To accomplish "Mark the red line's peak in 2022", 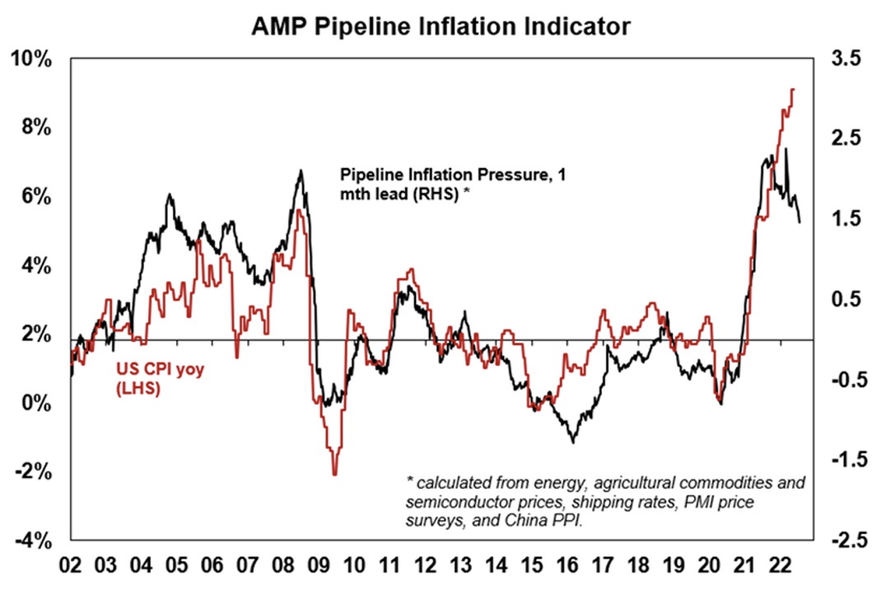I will point(792,89).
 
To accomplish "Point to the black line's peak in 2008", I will point(301,171).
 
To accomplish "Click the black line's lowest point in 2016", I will point(572,442).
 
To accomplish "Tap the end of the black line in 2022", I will point(800,221).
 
